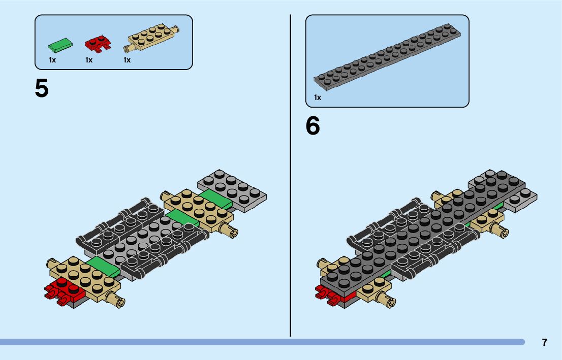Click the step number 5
[42, 88]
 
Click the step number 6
[313, 126]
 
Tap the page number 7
[545, 342]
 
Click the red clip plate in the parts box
[98, 45]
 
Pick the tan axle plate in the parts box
[151, 40]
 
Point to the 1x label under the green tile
[52, 60]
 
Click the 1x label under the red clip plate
[89, 60]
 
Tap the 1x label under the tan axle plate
[127, 60]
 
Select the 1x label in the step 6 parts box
[318, 97]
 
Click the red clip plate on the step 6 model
[330, 295]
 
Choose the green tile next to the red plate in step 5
[103, 266]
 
